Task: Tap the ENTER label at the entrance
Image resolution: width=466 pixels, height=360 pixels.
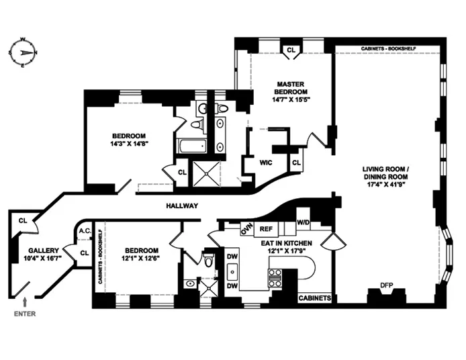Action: click(x=25, y=313)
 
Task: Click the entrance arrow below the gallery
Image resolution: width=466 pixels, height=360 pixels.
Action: click(x=26, y=301)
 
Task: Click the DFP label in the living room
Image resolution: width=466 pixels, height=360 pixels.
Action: click(x=386, y=285)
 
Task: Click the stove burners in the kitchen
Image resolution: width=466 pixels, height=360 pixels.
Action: click(x=275, y=275)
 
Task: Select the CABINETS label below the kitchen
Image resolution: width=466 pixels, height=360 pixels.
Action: click(x=314, y=296)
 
